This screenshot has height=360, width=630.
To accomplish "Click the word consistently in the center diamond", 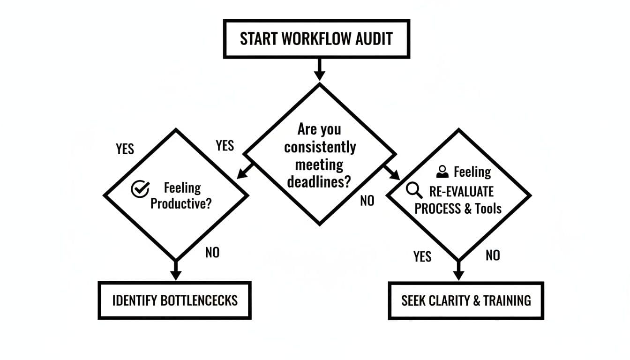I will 320,147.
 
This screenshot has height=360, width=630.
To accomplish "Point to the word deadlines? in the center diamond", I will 319,182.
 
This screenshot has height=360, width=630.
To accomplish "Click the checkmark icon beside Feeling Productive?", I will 140,189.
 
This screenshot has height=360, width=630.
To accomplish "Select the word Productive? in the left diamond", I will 181,204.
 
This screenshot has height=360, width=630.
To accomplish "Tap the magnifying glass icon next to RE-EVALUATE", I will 413,190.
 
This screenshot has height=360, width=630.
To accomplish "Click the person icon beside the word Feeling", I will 442,172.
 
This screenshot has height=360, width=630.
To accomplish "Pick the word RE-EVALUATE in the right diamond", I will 461,191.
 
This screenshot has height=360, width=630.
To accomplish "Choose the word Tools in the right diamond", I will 488,209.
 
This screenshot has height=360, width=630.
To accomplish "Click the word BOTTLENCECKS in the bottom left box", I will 199,300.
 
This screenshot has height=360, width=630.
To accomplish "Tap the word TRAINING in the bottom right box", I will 508,300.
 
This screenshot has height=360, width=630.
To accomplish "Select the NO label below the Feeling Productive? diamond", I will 212,253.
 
